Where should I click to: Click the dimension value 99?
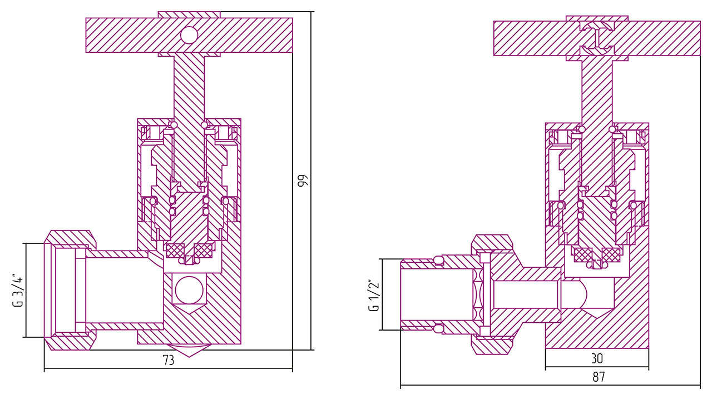303,181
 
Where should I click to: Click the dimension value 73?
169,360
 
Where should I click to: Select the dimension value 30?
597,358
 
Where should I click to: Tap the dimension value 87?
599,377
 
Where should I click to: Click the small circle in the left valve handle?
189,36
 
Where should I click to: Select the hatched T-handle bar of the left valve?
122,35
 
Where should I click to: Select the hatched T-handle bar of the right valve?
528,38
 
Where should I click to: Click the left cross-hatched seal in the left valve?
175,251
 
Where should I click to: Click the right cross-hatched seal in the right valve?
611,255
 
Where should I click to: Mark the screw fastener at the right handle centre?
597,38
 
